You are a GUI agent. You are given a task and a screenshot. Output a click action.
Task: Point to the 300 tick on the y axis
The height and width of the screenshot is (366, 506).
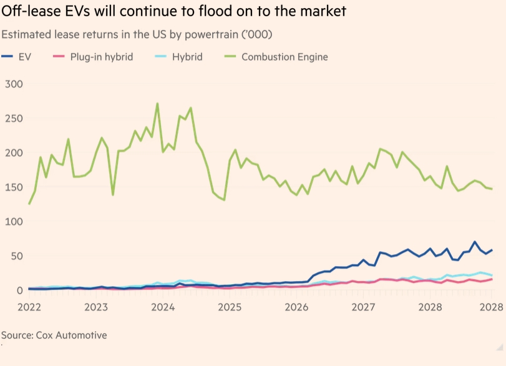(x=14, y=84)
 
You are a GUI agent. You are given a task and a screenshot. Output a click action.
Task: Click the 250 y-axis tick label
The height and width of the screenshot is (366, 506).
(x=14, y=118)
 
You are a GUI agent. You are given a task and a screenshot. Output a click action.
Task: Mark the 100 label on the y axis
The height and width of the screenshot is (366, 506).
(x=14, y=222)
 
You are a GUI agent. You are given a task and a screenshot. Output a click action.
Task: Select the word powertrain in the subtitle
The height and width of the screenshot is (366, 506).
(x=210, y=34)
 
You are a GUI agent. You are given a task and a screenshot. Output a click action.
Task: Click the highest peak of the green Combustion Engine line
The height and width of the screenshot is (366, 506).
(x=157, y=104)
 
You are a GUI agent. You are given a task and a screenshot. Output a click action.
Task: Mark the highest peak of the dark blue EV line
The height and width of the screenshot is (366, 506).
(x=475, y=242)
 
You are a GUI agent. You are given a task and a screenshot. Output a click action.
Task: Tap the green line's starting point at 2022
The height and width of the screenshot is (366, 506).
(x=29, y=204)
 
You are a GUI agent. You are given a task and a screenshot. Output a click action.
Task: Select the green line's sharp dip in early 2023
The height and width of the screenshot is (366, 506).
(x=113, y=195)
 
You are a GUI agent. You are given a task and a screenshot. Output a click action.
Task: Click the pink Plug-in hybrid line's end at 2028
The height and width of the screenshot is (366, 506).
(x=492, y=279)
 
